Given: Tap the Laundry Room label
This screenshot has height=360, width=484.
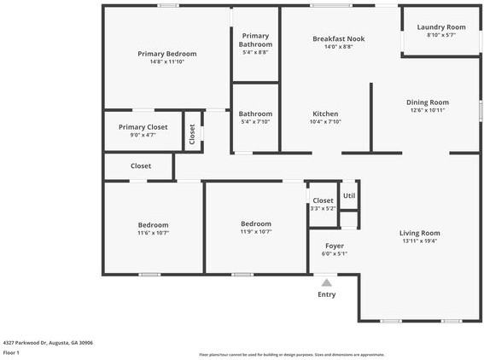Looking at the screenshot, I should coord(441,27).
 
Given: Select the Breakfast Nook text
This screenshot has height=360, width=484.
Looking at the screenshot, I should coord(339,38).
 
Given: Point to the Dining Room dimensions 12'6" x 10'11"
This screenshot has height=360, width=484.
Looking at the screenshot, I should coord(428,110).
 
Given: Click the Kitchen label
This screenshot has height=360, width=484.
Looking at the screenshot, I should coord(325,113).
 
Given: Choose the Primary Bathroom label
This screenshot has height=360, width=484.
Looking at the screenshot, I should coord(255,40).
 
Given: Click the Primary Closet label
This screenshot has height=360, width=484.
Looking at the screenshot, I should coord(143,127).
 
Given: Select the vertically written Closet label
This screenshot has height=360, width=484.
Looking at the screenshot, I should coord(192,135).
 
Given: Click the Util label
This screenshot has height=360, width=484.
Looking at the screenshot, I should coord(349,195).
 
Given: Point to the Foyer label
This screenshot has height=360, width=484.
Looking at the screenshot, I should coord(334,245).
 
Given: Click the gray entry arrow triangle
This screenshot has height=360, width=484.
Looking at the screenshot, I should coord(326,282).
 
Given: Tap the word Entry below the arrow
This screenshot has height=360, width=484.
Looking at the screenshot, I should coord(326,295).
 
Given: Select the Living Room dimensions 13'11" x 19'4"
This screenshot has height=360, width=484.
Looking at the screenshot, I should coord(420,241).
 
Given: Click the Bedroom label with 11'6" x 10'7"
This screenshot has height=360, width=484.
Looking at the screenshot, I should coord(154,224).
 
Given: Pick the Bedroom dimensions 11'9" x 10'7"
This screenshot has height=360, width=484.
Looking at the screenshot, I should coord(255,231).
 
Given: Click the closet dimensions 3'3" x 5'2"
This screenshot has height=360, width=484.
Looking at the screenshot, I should coord(323,208).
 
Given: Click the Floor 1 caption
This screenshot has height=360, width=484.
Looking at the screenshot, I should coord(12,352).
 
